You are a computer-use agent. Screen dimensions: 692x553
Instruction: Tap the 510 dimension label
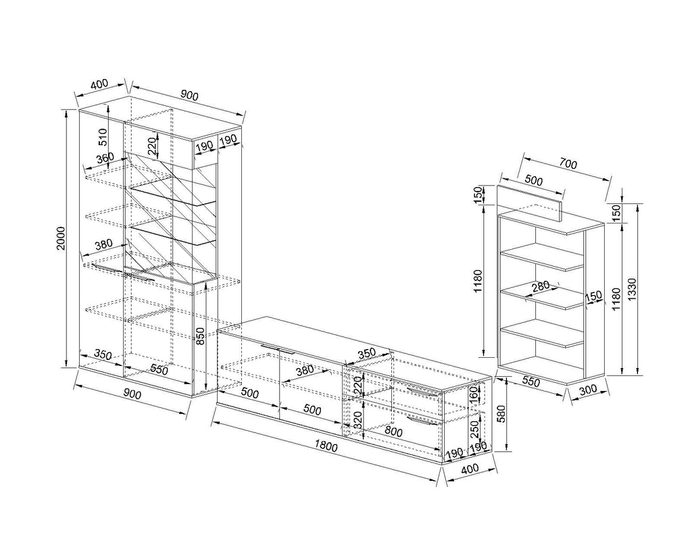[103, 136]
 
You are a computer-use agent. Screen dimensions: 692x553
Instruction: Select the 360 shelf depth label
[105, 158]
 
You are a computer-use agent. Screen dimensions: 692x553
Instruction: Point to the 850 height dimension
[200, 336]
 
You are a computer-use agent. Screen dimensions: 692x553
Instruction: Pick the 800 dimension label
[393, 431]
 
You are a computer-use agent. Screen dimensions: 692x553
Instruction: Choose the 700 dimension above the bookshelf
[568, 163]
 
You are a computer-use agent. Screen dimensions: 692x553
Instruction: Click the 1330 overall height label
[632, 289]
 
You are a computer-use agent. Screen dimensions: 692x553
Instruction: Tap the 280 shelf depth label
[541, 286]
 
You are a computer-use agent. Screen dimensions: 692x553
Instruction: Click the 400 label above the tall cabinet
[99, 84]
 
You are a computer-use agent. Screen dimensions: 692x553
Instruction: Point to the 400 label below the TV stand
[470, 469]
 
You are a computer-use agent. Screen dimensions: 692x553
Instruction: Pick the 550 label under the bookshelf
[531, 382]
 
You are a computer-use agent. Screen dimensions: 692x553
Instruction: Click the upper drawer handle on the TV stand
[423, 392]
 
